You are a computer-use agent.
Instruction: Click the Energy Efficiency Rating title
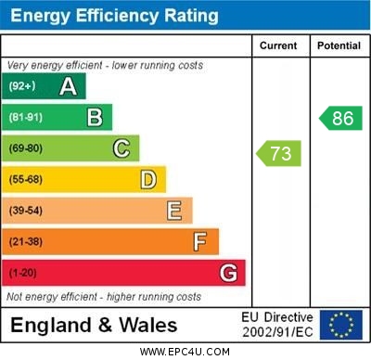[114, 16]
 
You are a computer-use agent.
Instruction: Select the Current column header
[278, 45]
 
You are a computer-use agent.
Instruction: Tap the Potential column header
[338, 45]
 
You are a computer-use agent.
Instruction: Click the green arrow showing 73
[278, 152]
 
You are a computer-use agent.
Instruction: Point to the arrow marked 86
[339, 118]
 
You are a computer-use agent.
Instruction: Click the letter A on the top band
[68, 86]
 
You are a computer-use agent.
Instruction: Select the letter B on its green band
[95, 117]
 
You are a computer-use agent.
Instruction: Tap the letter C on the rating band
[122, 148]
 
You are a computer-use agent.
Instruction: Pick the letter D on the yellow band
[148, 179]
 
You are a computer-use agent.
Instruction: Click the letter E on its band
[174, 211]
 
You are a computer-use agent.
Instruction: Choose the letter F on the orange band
[200, 241]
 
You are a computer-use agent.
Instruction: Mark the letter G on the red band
[228, 273]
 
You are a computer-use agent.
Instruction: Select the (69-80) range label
[25, 148]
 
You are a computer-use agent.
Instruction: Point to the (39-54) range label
[25, 211]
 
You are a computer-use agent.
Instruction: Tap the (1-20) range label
[22, 273]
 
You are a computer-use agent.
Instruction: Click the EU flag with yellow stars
[341, 325]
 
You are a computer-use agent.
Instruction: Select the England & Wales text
[94, 326]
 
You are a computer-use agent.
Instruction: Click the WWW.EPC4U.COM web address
[185, 352]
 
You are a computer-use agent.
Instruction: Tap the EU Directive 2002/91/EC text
[277, 325]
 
